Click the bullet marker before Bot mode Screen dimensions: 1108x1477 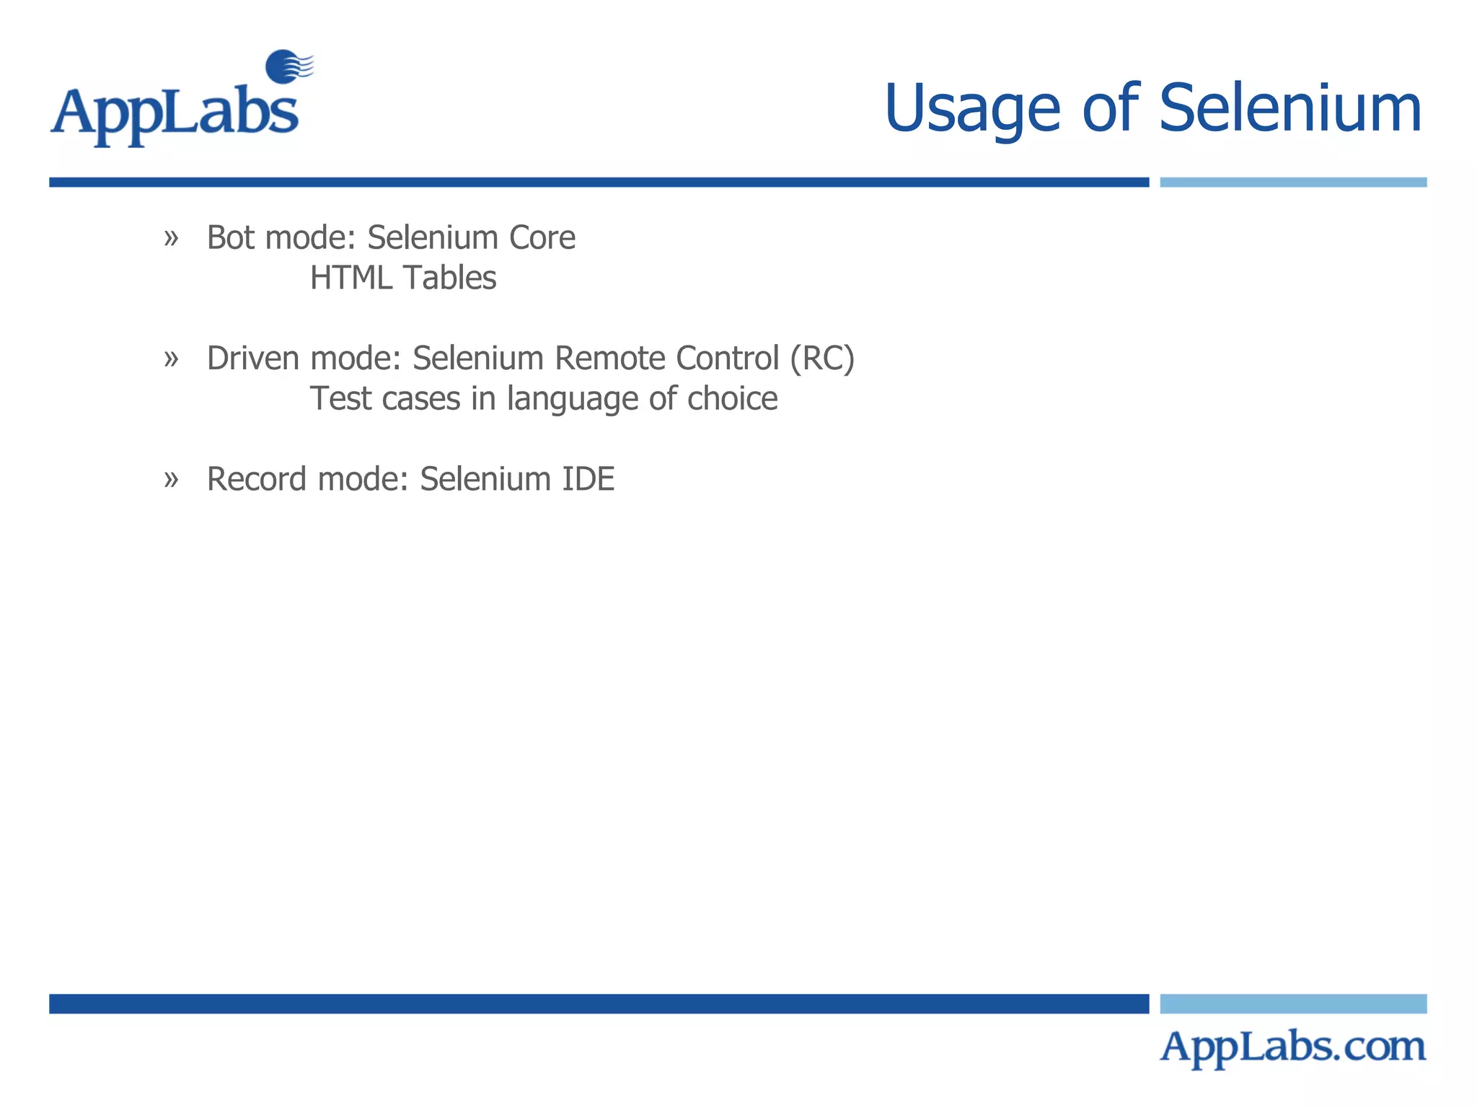coord(171,238)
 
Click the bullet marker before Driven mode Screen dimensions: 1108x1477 coord(171,359)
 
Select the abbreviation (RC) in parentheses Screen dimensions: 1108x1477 coord(822,359)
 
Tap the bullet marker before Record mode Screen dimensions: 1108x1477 coord(171,480)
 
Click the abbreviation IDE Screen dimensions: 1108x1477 coord(588,480)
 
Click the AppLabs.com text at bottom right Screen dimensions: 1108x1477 coord(1292,1047)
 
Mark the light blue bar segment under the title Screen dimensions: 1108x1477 coord(1292,183)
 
